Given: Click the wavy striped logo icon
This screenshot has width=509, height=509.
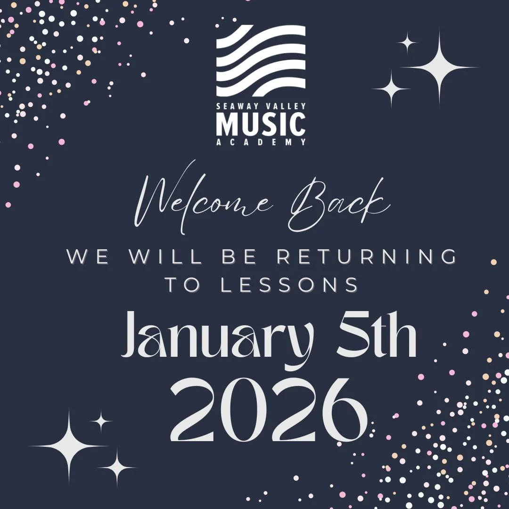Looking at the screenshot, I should tap(261, 61).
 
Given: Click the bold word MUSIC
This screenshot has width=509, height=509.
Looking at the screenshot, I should tap(261, 123).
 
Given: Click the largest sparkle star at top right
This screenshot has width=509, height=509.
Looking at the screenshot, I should tap(440, 68).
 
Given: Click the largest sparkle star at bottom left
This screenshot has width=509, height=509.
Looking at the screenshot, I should tap(69, 445).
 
